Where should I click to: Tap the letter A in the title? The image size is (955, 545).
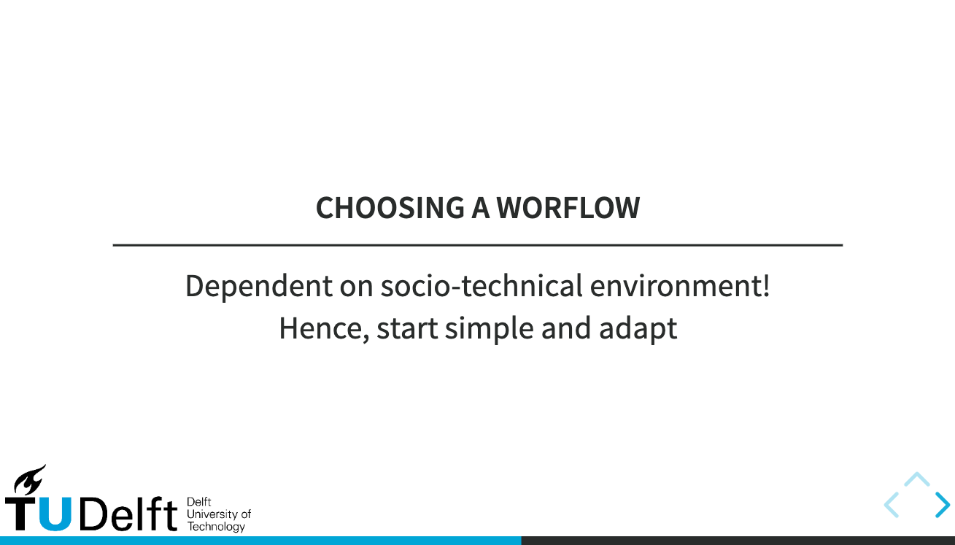coord(480,209)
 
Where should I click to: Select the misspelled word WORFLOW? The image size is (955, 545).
coord(568,209)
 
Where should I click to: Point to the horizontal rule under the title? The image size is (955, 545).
coord(477,245)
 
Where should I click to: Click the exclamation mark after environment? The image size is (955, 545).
coord(765,286)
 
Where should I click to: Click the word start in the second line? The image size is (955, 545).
coord(406,329)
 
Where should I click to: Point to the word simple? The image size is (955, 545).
coord(490,329)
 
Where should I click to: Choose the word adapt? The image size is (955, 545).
coord(638,329)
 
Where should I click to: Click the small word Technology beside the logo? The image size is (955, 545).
coord(216,527)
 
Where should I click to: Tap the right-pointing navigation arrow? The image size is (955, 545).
coord(943,505)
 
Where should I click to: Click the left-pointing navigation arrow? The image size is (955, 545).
coord(891,505)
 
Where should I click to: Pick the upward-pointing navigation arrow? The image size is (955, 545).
coord(916,479)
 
